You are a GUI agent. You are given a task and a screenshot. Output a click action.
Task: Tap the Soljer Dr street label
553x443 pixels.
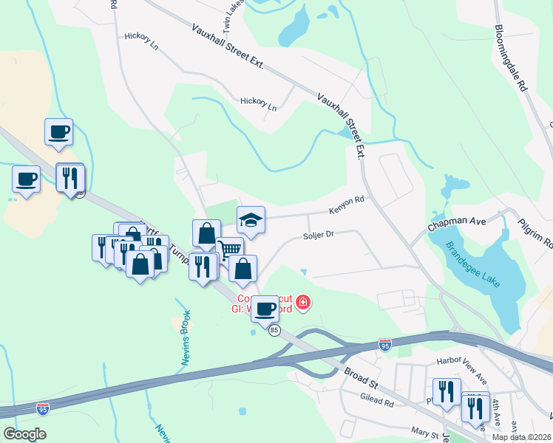click(320, 234)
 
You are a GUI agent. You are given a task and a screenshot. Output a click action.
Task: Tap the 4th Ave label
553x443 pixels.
click(495, 407)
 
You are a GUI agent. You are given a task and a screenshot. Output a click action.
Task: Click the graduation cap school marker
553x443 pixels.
click(251, 219)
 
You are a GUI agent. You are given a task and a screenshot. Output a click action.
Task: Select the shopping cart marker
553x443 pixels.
click(229, 250)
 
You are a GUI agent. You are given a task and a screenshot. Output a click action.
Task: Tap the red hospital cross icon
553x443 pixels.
click(302, 303)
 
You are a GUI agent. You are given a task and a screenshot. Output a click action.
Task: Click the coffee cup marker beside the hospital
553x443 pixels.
click(265, 307)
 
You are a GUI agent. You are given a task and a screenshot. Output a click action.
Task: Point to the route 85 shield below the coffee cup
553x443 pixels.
click(275, 330)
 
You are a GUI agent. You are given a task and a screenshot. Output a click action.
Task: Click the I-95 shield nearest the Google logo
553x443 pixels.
click(44, 408)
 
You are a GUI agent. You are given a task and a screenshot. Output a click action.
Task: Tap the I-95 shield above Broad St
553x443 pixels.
click(384, 345)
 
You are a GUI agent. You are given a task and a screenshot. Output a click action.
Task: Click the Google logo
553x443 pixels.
click(24, 434)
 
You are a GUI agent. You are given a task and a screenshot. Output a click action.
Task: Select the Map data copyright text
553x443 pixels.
click(521, 437)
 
